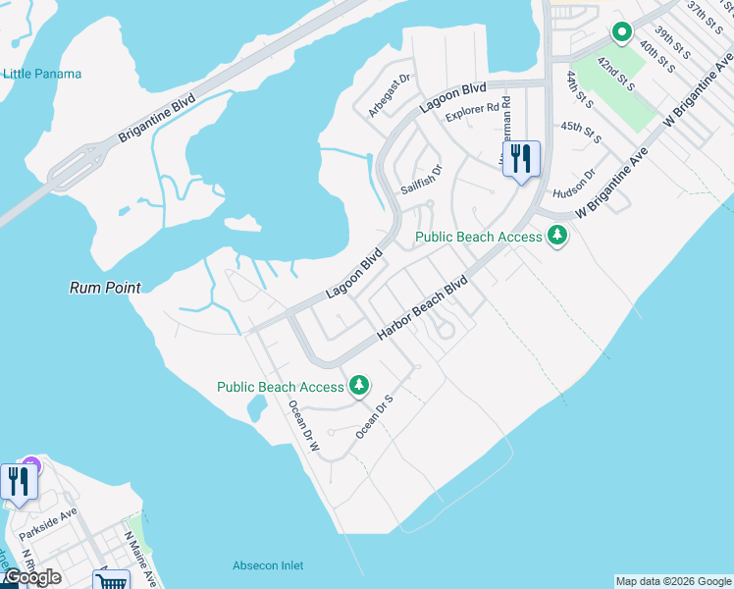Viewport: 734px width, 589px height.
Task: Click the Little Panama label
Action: (x=41, y=74)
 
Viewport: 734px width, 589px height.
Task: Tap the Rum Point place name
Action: (x=105, y=288)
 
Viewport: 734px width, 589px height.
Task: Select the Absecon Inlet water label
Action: (x=268, y=565)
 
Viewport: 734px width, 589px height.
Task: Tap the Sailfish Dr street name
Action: (x=422, y=179)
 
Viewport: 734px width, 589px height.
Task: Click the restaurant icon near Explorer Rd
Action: (x=521, y=158)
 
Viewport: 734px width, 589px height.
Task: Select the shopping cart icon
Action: (x=111, y=581)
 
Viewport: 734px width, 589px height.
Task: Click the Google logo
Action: (x=31, y=577)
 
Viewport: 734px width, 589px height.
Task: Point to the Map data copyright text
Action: (x=673, y=581)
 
